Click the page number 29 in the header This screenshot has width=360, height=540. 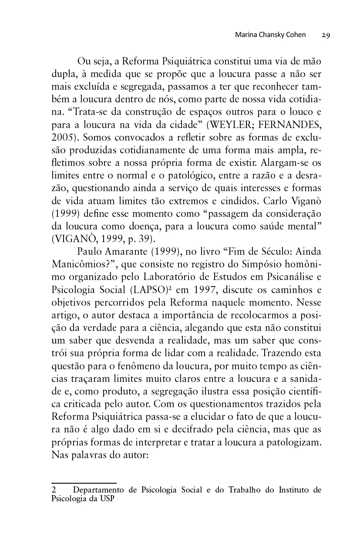click(x=326, y=35)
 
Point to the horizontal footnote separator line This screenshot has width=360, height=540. click(x=84, y=483)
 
